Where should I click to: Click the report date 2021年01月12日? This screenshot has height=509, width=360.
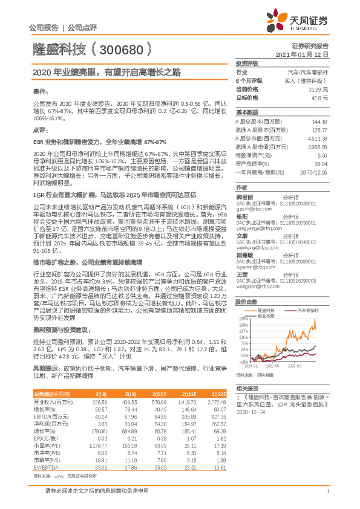tap(306, 54)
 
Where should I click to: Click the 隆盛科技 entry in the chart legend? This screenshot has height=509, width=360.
tap(267, 309)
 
